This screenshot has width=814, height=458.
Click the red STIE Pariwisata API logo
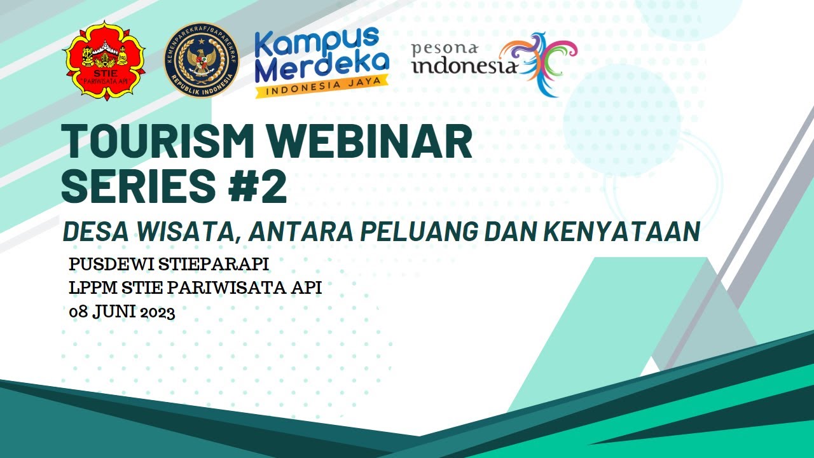104,60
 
